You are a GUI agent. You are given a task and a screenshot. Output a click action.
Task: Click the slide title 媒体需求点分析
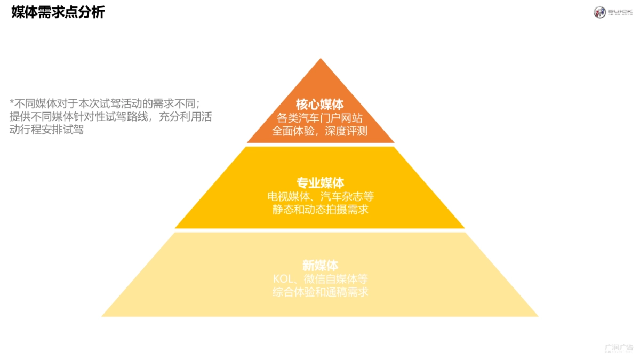pos(58,12)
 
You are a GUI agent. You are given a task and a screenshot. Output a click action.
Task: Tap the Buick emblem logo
pos(599,12)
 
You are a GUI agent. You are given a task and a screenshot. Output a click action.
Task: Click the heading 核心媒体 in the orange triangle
pos(320,105)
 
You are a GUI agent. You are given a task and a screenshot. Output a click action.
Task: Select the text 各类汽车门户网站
pos(320,118)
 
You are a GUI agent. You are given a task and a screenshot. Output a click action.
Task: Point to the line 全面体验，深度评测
pos(320,131)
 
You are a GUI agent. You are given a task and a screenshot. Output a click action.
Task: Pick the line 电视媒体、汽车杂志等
pos(320,196)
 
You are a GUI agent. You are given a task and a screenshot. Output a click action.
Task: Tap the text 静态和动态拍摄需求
pos(320,210)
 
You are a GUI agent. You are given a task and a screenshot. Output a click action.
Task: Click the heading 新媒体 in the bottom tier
pos(320,265)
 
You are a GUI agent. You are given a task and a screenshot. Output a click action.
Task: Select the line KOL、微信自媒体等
pos(320,278)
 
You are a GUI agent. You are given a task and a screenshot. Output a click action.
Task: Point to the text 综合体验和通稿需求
pos(320,292)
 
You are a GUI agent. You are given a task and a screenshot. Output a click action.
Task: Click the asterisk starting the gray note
pos(12,101)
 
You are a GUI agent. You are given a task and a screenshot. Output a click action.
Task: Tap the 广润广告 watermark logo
pos(619,348)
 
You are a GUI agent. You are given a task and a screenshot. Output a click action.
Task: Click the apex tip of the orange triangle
pos(320,60)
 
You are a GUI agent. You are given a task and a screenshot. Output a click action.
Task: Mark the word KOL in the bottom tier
pos(283,278)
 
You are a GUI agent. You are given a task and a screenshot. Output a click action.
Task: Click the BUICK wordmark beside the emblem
pos(620,11)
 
